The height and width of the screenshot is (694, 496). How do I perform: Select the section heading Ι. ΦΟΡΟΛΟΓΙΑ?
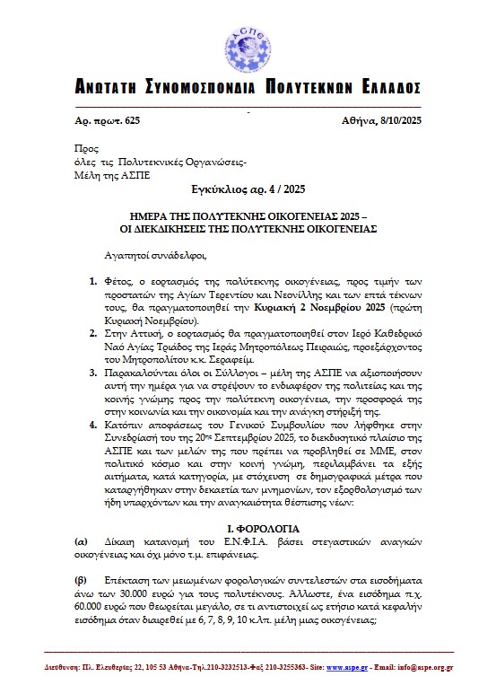(x=248, y=530)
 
